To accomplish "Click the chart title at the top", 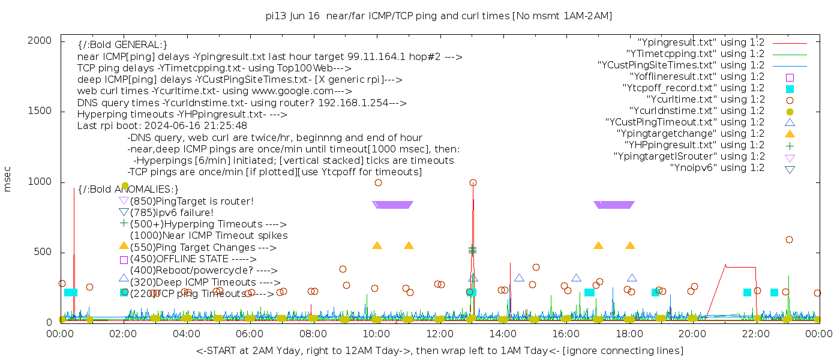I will pyautogui.click(x=439, y=16).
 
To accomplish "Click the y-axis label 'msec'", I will pyautogui.click(x=8, y=179).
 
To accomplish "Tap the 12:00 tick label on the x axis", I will pyautogui.click(x=440, y=334).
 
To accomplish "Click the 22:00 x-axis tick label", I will pyautogui.click(x=755, y=334).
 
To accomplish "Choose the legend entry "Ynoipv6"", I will pyautogui.click(x=717, y=168).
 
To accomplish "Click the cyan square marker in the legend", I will pyautogui.click(x=790, y=89).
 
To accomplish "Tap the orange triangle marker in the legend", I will pyautogui.click(x=790, y=134).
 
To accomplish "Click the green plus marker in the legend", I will pyautogui.click(x=790, y=145).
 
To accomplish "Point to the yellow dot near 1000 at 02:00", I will pyautogui.click(x=125, y=186).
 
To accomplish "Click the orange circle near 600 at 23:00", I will pyautogui.click(x=789, y=239).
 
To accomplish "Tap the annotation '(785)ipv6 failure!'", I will pyautogui.click(x=172, y=212).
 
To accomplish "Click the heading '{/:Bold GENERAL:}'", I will pyautogui.click(x=122, y=45).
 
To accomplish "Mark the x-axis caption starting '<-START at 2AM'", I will pyautogui.click(x=439, y=350).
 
